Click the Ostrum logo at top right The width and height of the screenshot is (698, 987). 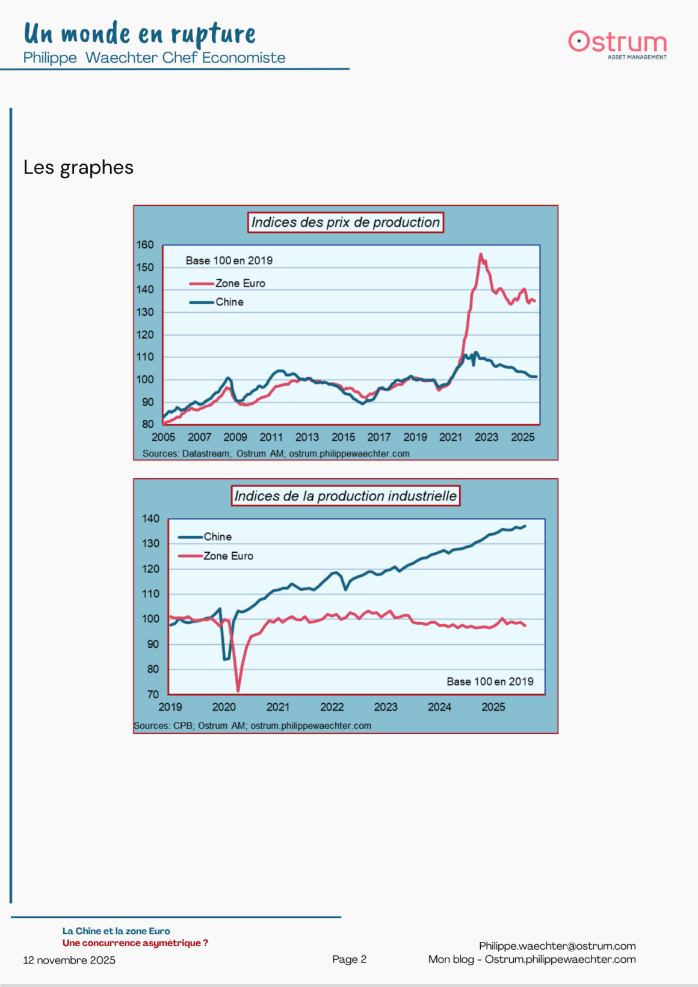point(617,44)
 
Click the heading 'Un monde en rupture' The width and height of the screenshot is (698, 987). point(140,34)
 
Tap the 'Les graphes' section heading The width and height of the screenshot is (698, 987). point(78,167)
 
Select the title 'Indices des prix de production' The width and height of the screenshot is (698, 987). point(345,223)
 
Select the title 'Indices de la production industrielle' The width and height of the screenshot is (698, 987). point(345,496)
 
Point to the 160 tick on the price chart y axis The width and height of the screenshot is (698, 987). point(145,245)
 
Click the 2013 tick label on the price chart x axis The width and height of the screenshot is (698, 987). point(307,437)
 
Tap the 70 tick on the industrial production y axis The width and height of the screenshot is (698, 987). point(153,694)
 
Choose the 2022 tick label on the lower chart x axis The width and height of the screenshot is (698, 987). point(332,707)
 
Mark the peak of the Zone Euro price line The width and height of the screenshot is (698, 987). point(481,254)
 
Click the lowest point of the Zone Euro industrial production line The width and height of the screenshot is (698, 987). point(238,690)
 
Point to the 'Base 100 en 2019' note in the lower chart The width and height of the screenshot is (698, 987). point(490,681)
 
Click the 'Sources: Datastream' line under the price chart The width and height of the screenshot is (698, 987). point(276,454)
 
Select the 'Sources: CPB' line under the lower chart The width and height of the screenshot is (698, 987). point(252,726)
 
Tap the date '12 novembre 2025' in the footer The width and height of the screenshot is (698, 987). point(69,961)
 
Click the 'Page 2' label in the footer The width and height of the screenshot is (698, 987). point(349,959)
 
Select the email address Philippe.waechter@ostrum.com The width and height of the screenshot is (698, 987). point(557,946)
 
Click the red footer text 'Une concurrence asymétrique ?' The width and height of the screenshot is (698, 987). point(135,943)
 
